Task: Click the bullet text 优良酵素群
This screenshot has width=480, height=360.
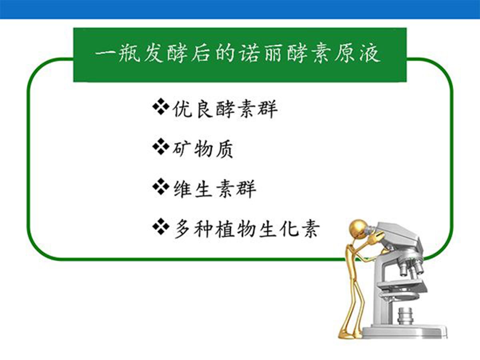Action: pyautogui.click(x=225, y=109)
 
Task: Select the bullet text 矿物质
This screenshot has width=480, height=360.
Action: pyautogui.click(x=202, y=149)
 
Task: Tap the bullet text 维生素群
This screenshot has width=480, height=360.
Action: pyautogui.click(x=215, y=189)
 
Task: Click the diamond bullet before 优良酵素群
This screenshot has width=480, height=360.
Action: pyautogui.click(x=161, y=107)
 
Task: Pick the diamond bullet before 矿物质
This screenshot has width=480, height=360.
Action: pyautogui.click(x=161, y=146)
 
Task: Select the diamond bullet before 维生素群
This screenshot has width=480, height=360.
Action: pyautogui.click(x=161, y=186)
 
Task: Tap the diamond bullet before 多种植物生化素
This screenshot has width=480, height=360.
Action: pyautogui.click(x=161, y=226)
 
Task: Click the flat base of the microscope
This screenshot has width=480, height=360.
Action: pyautogui.click(x=404, y=332)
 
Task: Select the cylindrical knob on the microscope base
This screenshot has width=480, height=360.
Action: pyautogui.click(x=405, y=316)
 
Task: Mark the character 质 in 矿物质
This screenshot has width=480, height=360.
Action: pyautogui.click(x=224, y=149)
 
